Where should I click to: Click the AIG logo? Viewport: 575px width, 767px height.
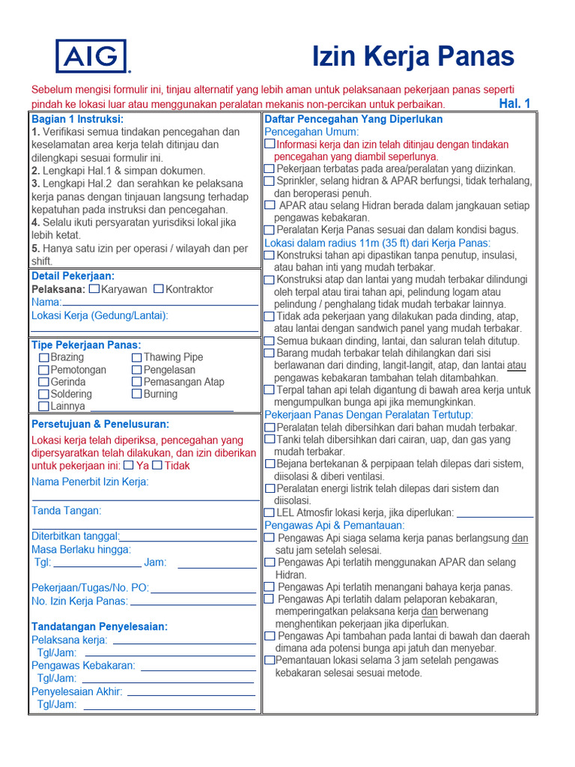(91, 57)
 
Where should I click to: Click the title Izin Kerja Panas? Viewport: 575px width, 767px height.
(413, 56)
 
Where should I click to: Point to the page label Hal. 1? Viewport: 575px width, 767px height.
(514, 103)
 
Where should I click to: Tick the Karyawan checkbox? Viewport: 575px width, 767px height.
(94, 289)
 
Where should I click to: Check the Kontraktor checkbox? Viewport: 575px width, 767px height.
(159, 289)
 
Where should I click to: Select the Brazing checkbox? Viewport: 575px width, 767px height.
(43, 358)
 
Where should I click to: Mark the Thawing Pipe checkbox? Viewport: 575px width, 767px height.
(136, 358)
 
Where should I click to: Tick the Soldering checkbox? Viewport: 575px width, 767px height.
(43, 394)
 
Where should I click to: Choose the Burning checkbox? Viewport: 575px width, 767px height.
(136, 394)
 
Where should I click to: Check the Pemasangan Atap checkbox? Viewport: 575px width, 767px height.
(136, 382)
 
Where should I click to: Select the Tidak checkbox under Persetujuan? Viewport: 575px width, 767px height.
(156, 465)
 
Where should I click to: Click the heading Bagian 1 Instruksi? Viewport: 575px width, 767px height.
(77, 119)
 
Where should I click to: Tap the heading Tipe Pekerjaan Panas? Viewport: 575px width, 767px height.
(86, 345)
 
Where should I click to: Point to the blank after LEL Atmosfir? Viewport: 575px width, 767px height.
(494, 514)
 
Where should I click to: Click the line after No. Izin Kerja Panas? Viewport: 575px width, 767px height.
(193, 601)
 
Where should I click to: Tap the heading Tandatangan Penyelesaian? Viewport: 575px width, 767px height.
(100, 626)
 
